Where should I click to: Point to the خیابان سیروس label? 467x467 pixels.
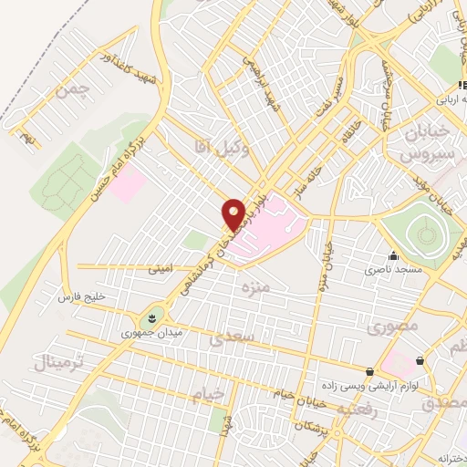point(423,142)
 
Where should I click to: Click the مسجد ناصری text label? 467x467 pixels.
point(391,270)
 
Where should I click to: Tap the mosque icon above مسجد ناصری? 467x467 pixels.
point(392,256)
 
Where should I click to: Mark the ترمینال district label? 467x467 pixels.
point(58,363)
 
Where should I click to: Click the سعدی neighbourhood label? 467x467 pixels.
point(229,339)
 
